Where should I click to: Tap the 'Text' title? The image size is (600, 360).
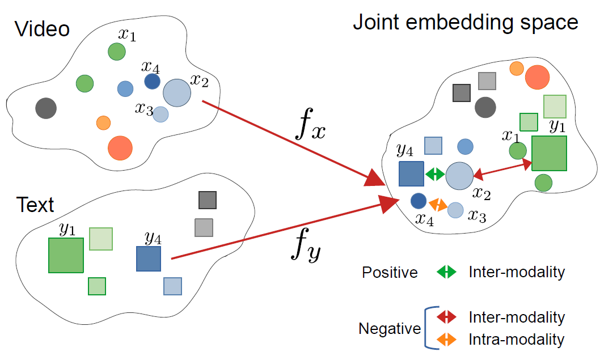click(36, 205)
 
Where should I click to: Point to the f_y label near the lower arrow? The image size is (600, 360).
click(306, 248)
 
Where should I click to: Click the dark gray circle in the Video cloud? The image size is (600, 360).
click(45, 108)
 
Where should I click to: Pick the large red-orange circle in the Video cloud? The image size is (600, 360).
click(120, 147)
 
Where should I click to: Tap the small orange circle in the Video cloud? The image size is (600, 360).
click(103, 122)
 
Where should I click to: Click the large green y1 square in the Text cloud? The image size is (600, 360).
click(66, 255)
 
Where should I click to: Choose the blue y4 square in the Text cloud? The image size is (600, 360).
click(149, 259)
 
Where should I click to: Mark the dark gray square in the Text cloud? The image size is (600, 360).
click(208, 200)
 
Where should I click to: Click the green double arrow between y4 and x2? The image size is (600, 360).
click(435, 174)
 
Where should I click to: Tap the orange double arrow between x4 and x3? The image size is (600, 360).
click(437, 205)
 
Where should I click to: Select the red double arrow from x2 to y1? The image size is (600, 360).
click(502, 169)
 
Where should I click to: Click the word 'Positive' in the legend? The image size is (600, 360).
click(390, 273)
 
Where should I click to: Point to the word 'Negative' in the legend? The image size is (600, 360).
click(390, 329)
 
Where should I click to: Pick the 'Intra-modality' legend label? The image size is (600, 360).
click(516, 340)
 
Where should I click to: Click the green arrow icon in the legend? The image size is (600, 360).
click(447, 272)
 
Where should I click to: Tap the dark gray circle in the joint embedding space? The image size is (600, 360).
click(485, 107)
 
